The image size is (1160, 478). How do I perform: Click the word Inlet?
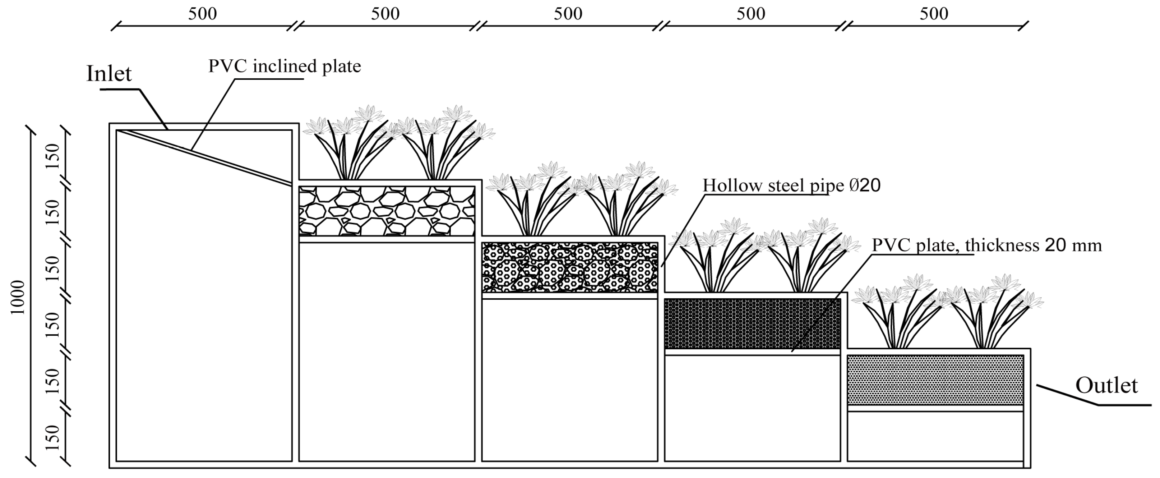pyautogui.click(x=109, y=73)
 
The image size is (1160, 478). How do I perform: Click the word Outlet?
pyautogui.click(x=1106, y=386)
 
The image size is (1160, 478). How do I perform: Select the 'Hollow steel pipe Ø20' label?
pyautogui.click(x=791, y=185)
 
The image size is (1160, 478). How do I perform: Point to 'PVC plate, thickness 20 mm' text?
pyautogui.click(x=986, y=245)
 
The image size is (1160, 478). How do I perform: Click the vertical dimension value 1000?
pyautogui.click(x=18, y=297)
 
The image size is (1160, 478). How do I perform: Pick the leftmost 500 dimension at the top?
pyautogui.click(x=202, y=14)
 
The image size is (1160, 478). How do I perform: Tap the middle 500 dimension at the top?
pyautogui.click(x=568, y=14)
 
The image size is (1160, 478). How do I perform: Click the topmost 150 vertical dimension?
pyautogui.click(x=53, y=156)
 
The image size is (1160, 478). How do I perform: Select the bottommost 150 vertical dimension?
pyautogui.click(x=53, y=437)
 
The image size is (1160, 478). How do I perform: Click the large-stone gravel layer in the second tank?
pyautogui.click(x=387, y=211)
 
